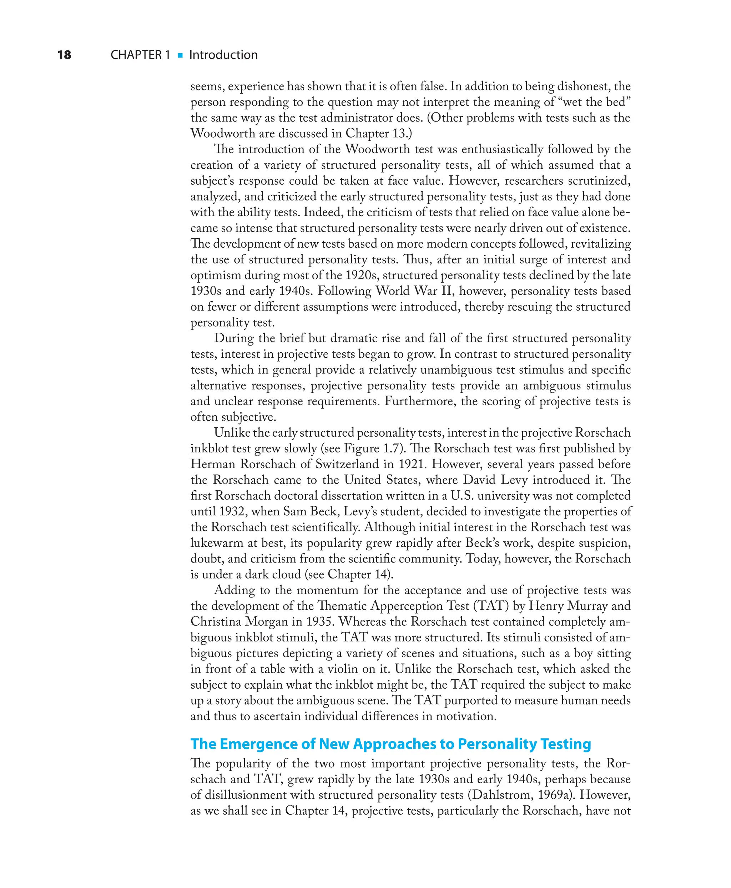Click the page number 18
[64, 55]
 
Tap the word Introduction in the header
[223, 55]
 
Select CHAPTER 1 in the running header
[140, 55]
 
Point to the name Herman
[213, 464]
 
